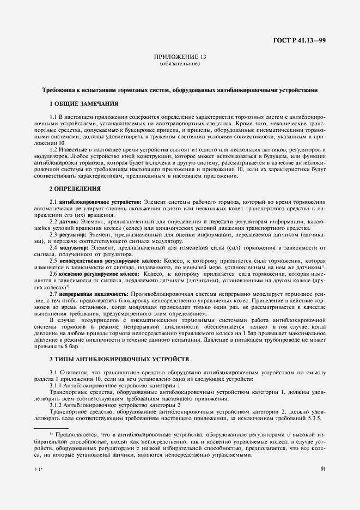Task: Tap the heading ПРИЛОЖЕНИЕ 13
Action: point(180,57)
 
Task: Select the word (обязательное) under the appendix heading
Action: point(180,64)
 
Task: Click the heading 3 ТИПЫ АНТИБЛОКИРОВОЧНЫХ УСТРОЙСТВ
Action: point(119,360)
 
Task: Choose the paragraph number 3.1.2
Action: point(56,406)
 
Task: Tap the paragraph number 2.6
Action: point(53,274)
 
